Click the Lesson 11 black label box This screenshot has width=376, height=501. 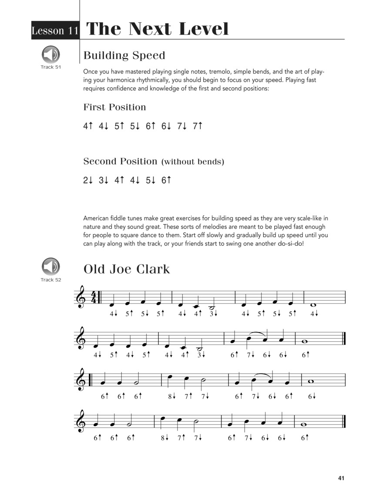55,30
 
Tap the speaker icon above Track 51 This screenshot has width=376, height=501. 51,55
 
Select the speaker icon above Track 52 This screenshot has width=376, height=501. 51,267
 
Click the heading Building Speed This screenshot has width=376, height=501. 124,56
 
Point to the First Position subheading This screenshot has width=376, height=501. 114,107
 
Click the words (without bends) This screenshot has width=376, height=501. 193,162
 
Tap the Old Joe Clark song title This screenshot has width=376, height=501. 127,269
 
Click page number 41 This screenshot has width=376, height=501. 341,478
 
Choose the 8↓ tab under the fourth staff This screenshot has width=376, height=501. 165,438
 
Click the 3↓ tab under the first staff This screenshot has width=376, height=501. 212,314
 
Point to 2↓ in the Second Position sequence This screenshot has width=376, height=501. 88,180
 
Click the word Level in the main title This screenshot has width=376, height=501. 200,29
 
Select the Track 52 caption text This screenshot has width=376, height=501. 50,280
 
